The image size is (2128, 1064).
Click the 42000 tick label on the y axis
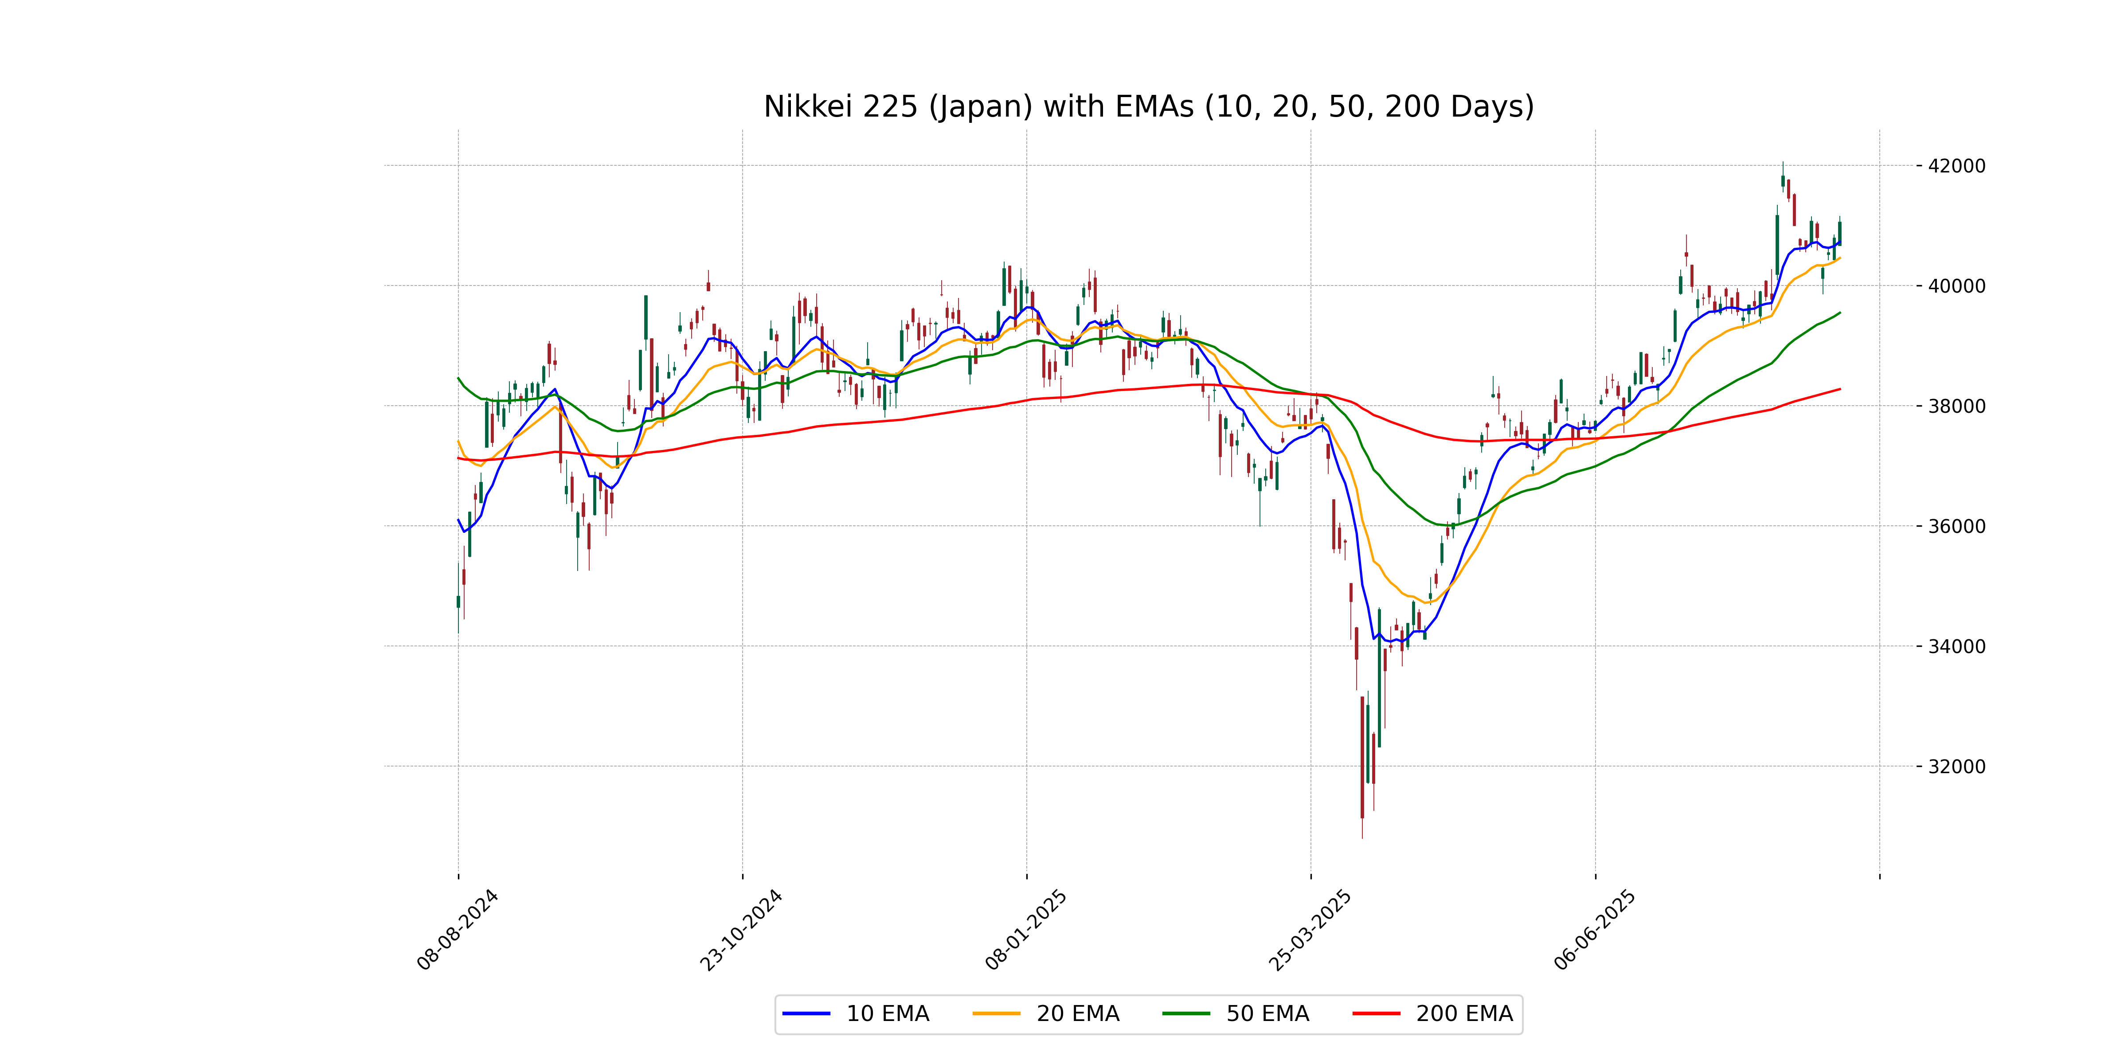(1956, 166)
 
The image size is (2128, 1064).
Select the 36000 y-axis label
(1956, 526)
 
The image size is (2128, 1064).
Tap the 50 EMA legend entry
(1236, 1013)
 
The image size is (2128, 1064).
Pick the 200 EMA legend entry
(1433, 1013)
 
